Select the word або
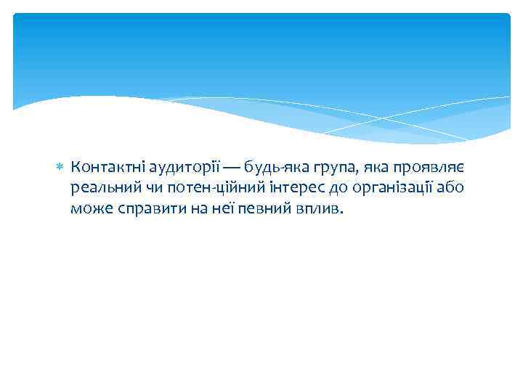[x=450, y=189]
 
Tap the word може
[x=89, y=210]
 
